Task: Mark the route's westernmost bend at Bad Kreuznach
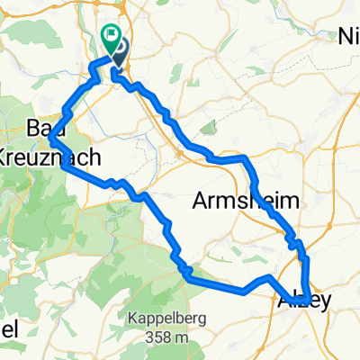[52, 139]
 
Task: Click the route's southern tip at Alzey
[309, 301]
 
